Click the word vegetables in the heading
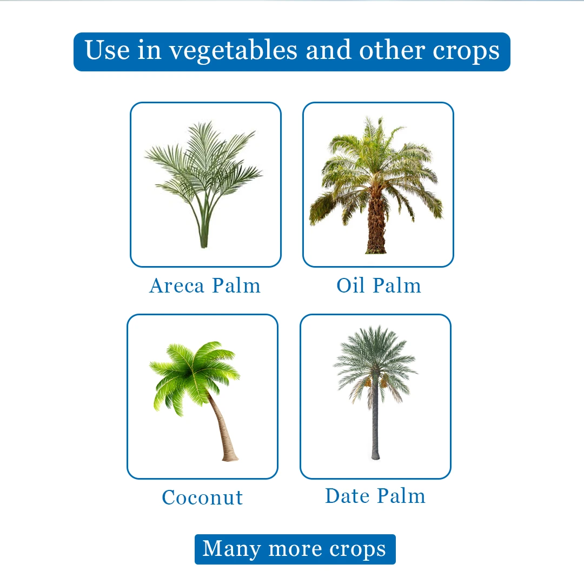234,51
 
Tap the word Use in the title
107,50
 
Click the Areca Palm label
205,286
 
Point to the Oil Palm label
379,286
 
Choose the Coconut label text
202,497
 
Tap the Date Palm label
375,496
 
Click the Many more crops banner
295,549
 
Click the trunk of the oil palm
376,220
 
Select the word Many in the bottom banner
231,549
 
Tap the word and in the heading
328,50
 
